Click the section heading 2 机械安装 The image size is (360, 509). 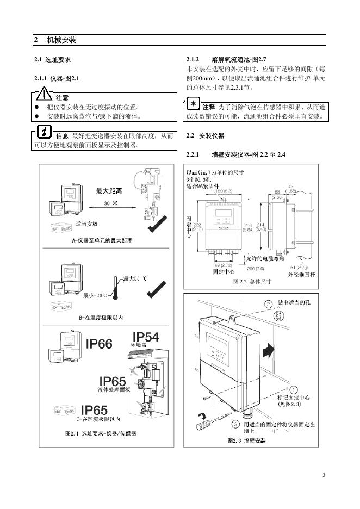click(54, 40)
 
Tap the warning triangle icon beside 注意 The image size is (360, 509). click(44, 95)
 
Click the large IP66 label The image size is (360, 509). click(106, 344)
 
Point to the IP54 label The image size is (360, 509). click(146, 337)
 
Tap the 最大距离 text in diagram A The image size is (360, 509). click(109, 191)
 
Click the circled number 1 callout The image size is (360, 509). click(293, 389)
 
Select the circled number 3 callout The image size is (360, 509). click(235, 423)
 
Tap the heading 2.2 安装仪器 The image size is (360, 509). click(205, 135)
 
